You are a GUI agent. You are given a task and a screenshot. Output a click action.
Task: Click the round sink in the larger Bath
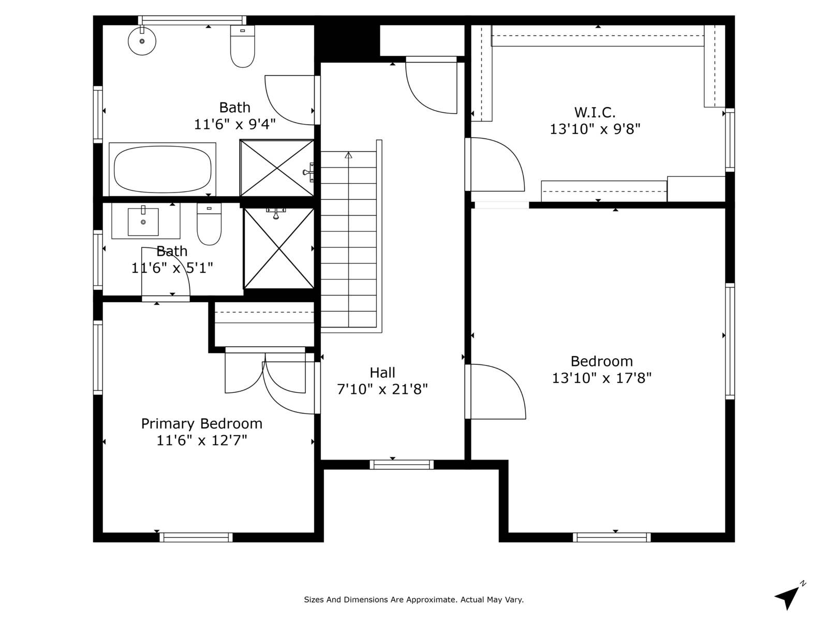click(x=142, y=41)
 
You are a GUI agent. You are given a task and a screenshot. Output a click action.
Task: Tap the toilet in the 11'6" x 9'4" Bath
click(x=243, y=47)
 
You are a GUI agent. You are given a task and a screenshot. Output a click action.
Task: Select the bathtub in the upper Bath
click(x=162, y=169)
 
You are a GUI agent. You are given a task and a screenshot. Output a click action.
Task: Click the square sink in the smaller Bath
click(x=143, y=221)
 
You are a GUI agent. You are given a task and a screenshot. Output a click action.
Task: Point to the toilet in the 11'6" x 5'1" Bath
click(x=209, y=225)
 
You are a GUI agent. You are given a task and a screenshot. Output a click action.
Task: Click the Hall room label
click(x=382, y=373)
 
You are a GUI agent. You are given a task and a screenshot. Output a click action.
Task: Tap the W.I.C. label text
click(x=595, y=112)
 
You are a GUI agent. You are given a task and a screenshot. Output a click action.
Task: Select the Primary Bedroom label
click(x=202, y=423)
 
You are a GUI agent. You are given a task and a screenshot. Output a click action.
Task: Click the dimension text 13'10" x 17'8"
click(x=602, y=378)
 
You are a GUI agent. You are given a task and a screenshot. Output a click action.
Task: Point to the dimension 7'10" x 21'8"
click(x=382, y=389)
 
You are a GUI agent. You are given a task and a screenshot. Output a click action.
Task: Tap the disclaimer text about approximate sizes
click(x=414, y=599)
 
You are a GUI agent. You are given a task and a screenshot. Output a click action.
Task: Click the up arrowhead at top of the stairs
click(x=349, y=155)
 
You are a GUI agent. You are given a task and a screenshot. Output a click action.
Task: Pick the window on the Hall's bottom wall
click(x=402, y=465)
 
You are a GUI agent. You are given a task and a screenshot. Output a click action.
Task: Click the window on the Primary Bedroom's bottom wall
click(x=196, y=537)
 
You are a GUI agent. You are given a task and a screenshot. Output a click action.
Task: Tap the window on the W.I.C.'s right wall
click(x=730, y=140)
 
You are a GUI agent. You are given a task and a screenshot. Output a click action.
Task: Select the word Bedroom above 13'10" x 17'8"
click(x=602, y=361)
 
